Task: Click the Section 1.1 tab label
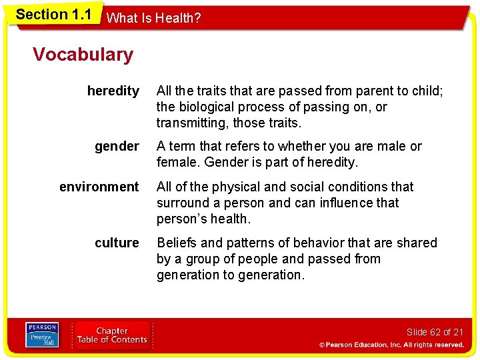pyautogui.click(x=53, y=15)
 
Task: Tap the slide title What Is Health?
pyautogui.click(x=153, y=19)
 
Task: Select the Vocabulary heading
pyautogui.click(x=83, y=55)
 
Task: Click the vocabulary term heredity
pyautogui.click(x=113, y=91)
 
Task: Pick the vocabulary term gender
pyautogui.click(x=117, y=146)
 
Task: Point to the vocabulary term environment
pyautogui.click(x=99, y=187)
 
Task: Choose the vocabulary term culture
pyautogui.click(x=117, y=243)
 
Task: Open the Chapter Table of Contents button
pyautogui.click(x=112, y=335)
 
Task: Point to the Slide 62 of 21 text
pyautogui.click(x=435, y=332)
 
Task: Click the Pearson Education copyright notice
pyautogui.click(x=391, y=345)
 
